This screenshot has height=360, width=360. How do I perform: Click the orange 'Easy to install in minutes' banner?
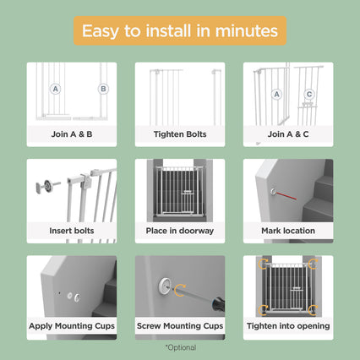click(x=180, y=30)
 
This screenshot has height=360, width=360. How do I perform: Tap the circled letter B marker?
click(x=103, y=89)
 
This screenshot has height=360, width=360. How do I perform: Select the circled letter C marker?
click(x=309, y=94)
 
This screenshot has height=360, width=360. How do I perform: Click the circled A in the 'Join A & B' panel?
click(x=56, y=89)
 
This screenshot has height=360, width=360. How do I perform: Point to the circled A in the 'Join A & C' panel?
click(x=276, y=94)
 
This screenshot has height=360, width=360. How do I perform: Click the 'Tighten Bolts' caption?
click(x=180, y=134)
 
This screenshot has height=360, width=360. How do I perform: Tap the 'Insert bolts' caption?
click(x=72, y=231)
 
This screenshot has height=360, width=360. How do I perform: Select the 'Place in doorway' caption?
click(x=180, y=231)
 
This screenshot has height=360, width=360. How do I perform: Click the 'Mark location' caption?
click(x=288, y=231)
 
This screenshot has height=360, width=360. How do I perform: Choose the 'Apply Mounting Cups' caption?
click(x=72, y=326)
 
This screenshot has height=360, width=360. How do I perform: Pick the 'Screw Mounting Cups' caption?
click(x=180, y=326)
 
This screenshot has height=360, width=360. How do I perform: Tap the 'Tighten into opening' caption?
click(x=288, y=326)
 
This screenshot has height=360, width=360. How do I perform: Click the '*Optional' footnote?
click(x=181, y=347)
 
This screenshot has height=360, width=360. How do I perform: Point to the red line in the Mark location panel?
click(x=286, y=195)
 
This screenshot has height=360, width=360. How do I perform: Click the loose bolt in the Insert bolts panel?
click(x=48, y=186)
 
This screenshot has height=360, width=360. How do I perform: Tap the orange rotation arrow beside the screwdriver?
click(x=180, y=291)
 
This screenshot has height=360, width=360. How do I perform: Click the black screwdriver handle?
click(x=219, y=304)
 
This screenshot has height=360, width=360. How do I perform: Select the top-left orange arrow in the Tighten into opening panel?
click(x=263, y=264)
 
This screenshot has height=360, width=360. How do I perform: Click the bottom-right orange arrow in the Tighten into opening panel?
click(x=313, y=310)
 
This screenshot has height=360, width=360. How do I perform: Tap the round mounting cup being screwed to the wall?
click(x=165, y=286)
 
